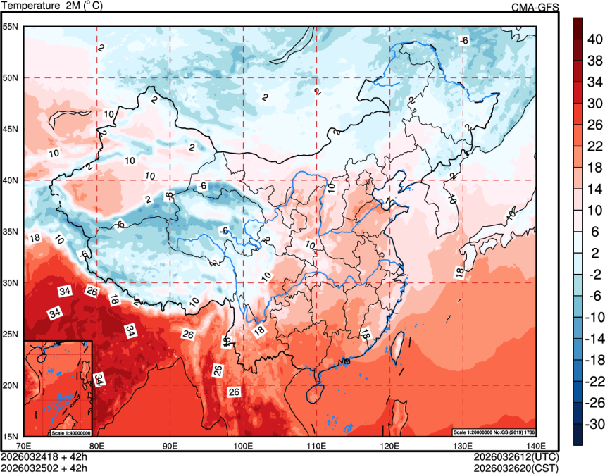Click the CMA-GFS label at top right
tap(535, 7)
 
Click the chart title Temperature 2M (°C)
tap(52, 6)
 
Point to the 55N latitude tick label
tap(12, 27)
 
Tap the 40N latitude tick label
tap(12, 180)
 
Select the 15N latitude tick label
tap(12, 437)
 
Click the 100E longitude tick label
tap(243, 445)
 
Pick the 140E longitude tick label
tap(536, 445)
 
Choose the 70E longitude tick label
tap(24, 445)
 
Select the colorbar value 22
tap(595, 146)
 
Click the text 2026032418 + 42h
tap(44, 456)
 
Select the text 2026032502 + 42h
tap(44, 466)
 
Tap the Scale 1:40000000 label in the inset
tap(70, 432)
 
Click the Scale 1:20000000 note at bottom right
tap(501, 431)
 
